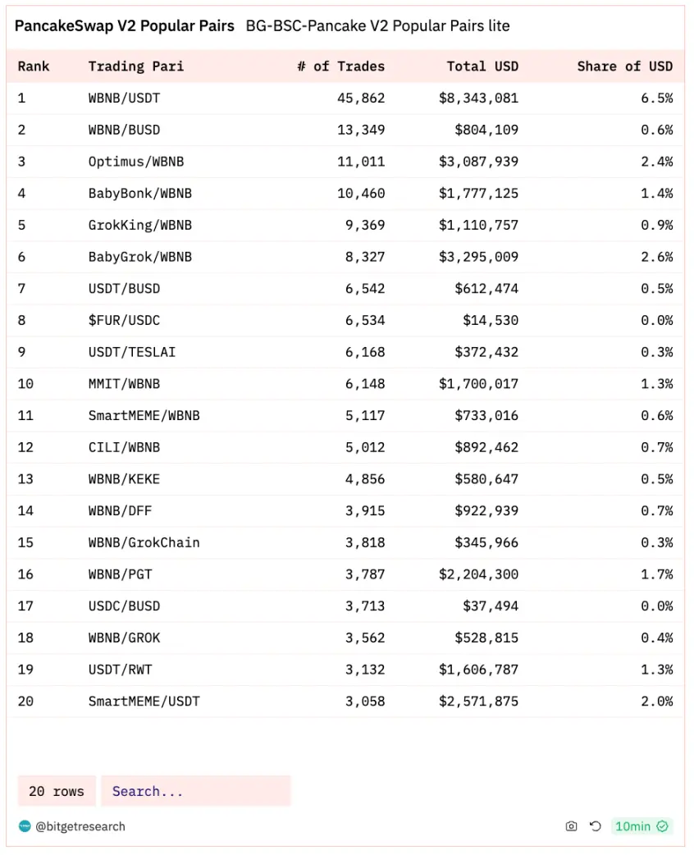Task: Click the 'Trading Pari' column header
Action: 136,66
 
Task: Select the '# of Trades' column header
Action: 340,66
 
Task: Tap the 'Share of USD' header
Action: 624,66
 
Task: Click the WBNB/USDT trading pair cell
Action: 124,98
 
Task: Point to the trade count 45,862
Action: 360,98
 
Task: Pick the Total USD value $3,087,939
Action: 478,162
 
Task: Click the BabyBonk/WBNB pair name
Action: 139,194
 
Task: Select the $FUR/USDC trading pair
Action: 124,320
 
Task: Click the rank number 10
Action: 25,384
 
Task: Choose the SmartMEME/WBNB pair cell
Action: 144,415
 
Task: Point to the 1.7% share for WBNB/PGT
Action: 656,574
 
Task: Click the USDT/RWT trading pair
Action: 120,670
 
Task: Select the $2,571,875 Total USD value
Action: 478,702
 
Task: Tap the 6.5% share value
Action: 656,98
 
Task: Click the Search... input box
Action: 195,791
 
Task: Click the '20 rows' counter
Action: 57,791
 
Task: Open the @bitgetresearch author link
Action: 80,826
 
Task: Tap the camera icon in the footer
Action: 571,826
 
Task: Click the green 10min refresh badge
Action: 641,826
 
